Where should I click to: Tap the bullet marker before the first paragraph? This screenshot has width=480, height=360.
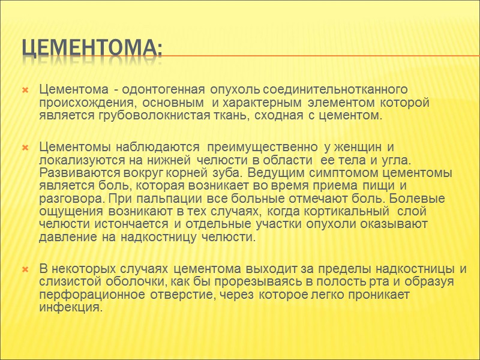click(x=25, y=91)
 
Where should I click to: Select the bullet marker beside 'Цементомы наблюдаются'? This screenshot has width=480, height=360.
click(x=25, y=147)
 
